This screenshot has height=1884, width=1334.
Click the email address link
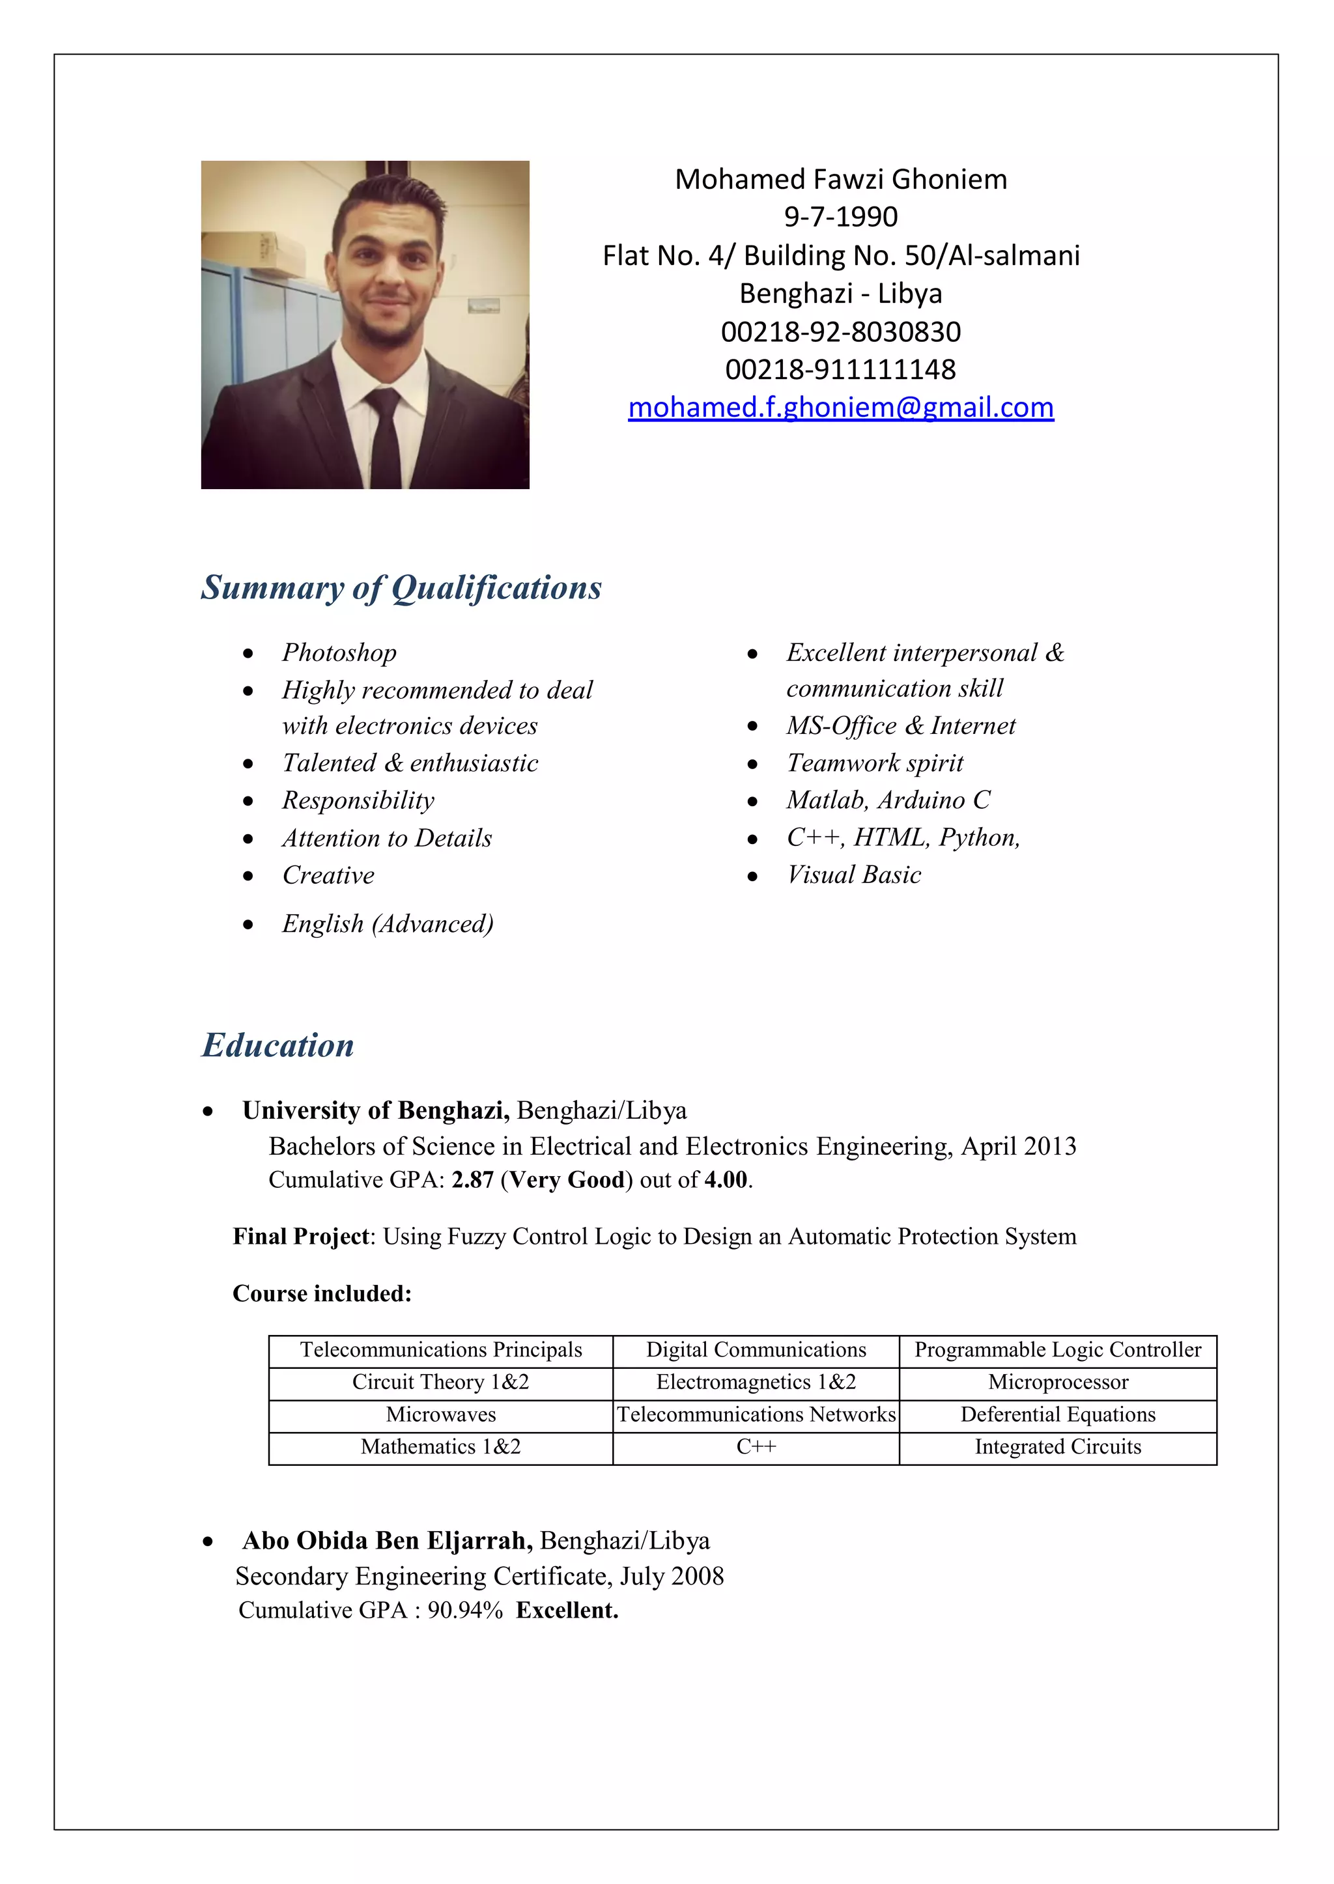coord(840,408)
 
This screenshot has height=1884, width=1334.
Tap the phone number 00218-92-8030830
coord(840,331)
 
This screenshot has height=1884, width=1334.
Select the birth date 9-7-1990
coord(840,217)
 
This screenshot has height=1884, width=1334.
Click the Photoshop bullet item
coord(339,653)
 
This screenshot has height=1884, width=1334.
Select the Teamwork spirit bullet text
coord(875,763)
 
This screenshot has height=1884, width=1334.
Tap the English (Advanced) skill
coord(388,924)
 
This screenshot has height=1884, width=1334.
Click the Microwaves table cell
coord(440,1414)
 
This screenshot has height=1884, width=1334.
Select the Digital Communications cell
coord(756,1349)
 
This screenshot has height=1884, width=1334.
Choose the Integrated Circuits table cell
coord(1057,1446)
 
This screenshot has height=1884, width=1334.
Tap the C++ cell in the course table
coord(756,1446)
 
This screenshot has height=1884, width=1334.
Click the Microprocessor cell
coord(1057,1382)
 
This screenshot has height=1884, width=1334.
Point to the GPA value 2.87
coord(472,1180)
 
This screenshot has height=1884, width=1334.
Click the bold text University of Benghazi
coord(375,1110)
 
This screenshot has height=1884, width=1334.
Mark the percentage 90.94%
coord(465,1610)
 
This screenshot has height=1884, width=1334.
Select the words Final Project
coord(301,1237)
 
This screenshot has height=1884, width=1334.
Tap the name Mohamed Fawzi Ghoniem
coord(840,179)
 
